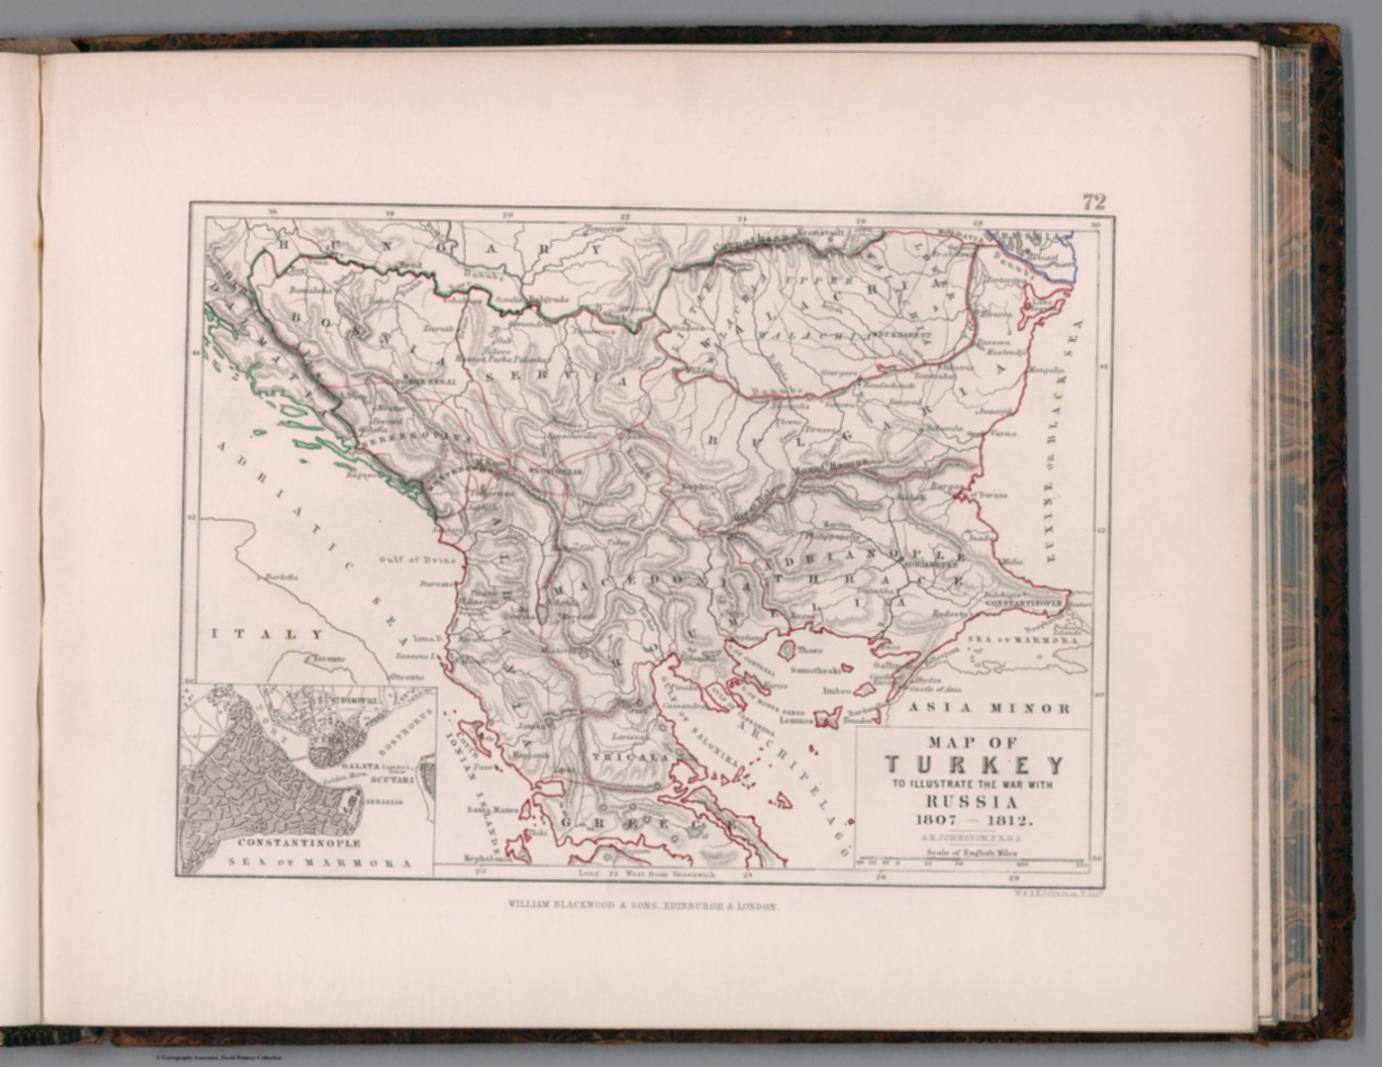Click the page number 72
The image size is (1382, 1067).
[1093, 202]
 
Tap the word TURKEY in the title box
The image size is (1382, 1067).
[975, 766]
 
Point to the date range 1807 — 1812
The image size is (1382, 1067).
[975, 820]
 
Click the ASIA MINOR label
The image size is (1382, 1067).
[989, 708]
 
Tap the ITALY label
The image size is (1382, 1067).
[266, 634]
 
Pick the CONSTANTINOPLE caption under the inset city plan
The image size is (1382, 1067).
[299, 843]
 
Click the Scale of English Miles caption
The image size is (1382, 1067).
[975, 850]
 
